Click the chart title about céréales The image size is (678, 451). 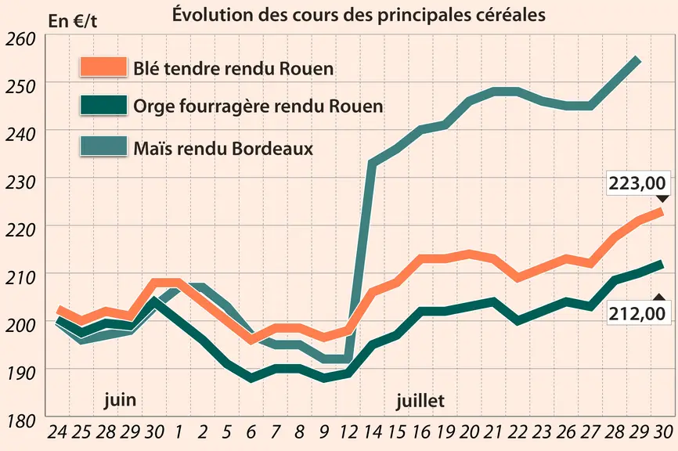(359, 14)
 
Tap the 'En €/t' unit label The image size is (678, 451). (73, 21)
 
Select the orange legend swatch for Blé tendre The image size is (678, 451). (103, 67)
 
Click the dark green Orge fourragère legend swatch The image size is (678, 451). (103, 105)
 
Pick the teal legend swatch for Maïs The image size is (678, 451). (103, 146)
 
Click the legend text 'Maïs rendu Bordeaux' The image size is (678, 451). (223, 148)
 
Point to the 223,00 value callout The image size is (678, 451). (637, 183)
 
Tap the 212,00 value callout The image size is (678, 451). (637, 313)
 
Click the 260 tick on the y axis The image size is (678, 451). (20, 39)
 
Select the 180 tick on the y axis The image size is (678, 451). (20, 420)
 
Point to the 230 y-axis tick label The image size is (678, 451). (20, 182)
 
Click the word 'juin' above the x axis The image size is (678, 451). (121, 399)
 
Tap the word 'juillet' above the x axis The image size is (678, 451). (420, 401)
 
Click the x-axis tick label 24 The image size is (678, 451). (57, 431)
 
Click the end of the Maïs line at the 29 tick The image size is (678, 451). (637, 60)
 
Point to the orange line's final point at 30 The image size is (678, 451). (660, 211)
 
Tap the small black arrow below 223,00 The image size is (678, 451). (662, 198)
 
